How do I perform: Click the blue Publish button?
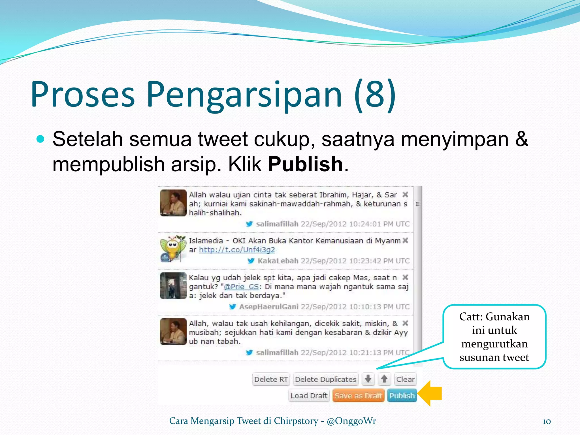coord(402,395)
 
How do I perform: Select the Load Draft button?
coord(309,395)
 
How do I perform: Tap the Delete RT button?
coord(271,379)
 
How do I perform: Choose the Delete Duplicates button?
coord(326,379)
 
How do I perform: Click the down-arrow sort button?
coord(368,379)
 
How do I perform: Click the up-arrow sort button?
coord(384,379)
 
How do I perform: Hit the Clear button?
coord(405,379)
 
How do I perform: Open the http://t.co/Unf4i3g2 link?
coord(237,250)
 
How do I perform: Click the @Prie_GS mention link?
coord(241,287)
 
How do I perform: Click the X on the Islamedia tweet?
coord(406,240)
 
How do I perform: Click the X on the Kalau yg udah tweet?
coord(406,277)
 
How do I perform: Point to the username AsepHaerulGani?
coord(269,307)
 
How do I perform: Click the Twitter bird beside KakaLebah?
coord(251,261)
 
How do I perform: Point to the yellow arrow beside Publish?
coord(430,393)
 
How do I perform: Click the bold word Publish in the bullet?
coord(306,164)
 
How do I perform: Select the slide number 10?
coord(547,421)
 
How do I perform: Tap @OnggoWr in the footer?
coord(351,421)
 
